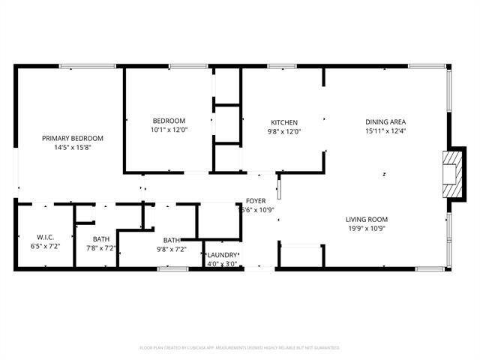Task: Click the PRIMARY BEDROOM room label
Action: click(x=72, y=138)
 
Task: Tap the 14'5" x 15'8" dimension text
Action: click(x=72, y=148)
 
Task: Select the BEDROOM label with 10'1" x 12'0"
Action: click(x=169, y=121)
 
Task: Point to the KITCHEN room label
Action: click(x=284, y=122)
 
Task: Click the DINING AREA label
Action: click(x=385, y=122)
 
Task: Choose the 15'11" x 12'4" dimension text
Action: click(x=385, y=132)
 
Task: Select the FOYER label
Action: click(x=255, y=201)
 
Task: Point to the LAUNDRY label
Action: click(x=222, y=255)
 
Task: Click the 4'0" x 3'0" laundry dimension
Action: click(x=222, y=264)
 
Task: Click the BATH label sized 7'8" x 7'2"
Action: click(x=101, y=239)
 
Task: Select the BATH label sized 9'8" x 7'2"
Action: click(x=171, y=240)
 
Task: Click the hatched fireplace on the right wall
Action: click(x=453, y=173)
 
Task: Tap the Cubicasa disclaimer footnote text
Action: click(x=240, y=347)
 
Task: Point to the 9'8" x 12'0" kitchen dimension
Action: click(x=284, y=132)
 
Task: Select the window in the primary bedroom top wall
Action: click(x=88, y=67)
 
